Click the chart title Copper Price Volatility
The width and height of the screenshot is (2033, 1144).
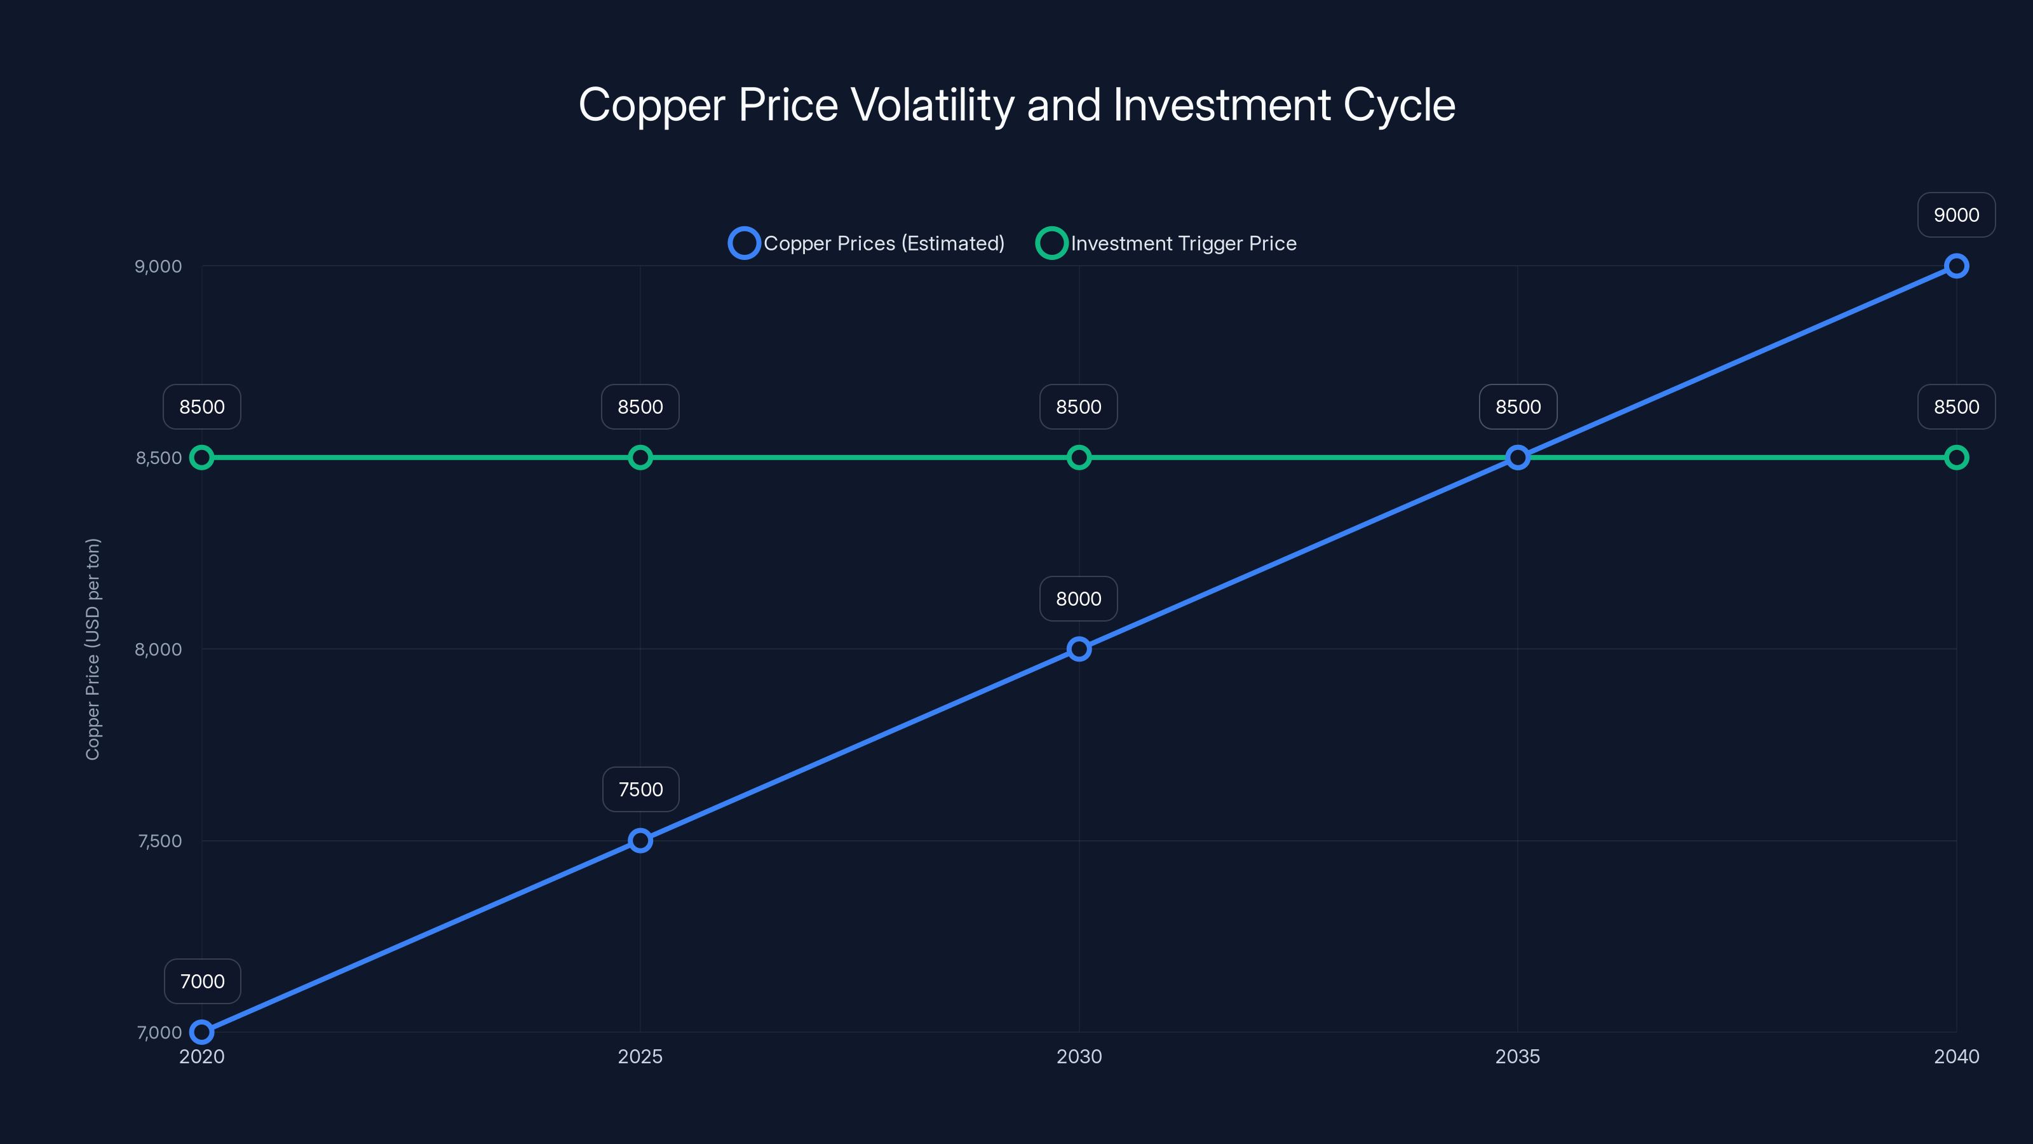tap(1016, 105)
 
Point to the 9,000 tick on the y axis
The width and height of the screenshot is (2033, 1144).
tap(158, 266)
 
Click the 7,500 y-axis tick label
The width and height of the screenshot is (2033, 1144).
tap(159, 841)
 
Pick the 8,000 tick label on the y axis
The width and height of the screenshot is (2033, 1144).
tap(158, 649)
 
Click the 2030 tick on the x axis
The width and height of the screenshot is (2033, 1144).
tap(1079, 1056)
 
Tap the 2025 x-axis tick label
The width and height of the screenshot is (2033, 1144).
tap(640, 1056)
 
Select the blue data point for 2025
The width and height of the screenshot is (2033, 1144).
tap(640, 841)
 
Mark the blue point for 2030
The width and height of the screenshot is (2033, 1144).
tap(1079, 649)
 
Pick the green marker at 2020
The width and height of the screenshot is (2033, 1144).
tap(202, 457)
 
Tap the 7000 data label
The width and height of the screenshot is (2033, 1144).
tap(202, 981)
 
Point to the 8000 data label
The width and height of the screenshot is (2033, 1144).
tap(1078, 599)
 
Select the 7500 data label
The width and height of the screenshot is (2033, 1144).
tap(640, 789)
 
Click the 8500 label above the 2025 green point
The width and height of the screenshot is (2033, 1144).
tap(640, 407)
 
